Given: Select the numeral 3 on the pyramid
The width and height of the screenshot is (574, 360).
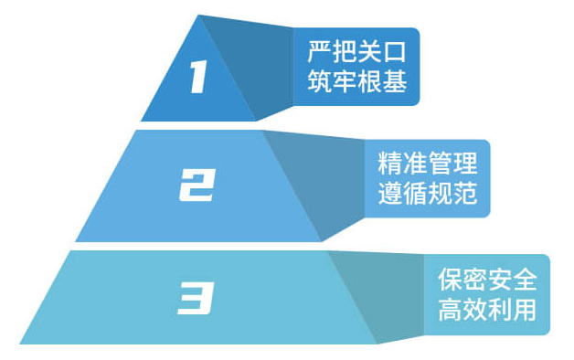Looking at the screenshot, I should tap(196, 299).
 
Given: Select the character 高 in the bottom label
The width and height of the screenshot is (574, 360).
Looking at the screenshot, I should tap(450, 309).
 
